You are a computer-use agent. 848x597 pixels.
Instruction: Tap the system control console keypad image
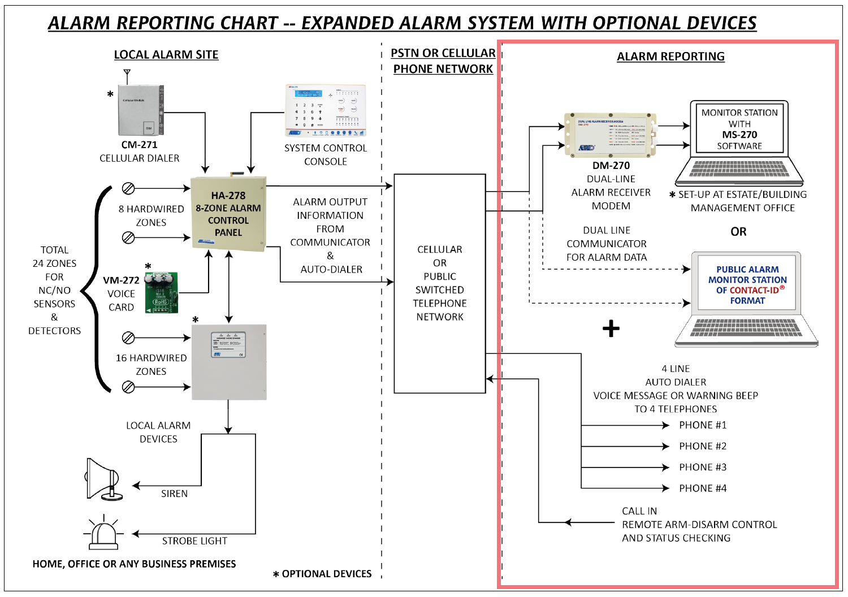point(326,111)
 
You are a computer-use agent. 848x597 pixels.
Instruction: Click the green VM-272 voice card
point(161,293)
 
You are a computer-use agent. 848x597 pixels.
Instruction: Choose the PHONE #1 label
point(703,425)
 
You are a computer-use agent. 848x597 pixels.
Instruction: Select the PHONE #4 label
point(703,488)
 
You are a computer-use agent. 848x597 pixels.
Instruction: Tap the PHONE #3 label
point(703,468)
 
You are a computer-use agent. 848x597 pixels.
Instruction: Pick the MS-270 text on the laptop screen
point(739,135)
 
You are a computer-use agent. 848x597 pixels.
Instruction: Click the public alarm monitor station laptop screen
point(747,284)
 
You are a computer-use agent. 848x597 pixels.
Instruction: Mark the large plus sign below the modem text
point(611,328)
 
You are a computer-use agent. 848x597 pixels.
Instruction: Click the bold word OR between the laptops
point(738,232)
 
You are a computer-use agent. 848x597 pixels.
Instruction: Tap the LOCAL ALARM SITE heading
point(166,55)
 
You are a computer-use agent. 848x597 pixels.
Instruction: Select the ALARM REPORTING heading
point(670,57)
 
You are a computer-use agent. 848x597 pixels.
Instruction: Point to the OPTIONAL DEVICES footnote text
point(326,574)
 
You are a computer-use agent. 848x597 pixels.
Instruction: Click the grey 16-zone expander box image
point(229,362)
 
